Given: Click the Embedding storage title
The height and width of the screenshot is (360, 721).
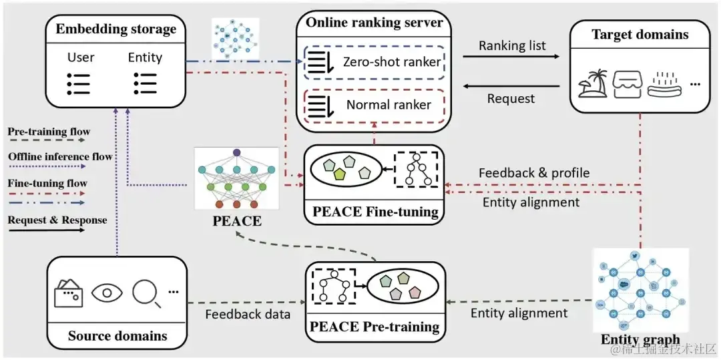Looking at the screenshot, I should click(116, 29).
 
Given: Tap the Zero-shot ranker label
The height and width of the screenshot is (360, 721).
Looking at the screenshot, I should click(392, 62).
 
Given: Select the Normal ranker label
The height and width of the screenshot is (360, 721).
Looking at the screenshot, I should click(389, 104).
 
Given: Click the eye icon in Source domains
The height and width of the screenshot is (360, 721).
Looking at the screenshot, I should click(107, 293).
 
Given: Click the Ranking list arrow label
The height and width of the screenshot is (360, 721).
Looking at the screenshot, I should click(512, 45).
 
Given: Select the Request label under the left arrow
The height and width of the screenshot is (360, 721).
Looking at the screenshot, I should click(511, 98).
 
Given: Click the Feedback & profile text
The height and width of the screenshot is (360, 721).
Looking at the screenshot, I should click(534, 173).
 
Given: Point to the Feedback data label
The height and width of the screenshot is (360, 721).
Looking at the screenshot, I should click(247, 313).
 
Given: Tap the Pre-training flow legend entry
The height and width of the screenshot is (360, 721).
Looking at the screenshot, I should click(49, 132).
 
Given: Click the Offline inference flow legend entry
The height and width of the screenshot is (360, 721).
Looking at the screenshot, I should click(60, 157).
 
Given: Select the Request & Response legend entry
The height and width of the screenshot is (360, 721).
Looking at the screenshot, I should click(57, 220).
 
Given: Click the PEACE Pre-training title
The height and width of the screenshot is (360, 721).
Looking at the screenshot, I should click(375, 327).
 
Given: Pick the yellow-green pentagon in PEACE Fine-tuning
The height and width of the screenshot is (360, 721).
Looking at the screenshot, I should click(341, 174).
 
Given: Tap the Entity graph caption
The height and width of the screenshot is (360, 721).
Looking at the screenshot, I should click(640, 339).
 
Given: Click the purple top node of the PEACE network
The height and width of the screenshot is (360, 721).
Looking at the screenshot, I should click(236, 153).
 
